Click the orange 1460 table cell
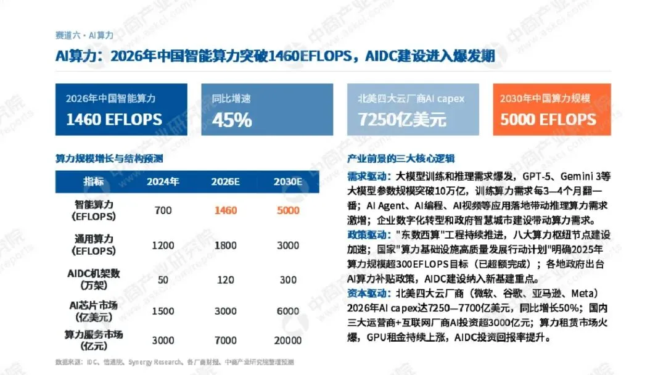[x=226, y=210]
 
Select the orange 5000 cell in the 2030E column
[x=288, y=210]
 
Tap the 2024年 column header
[x=163, y=182]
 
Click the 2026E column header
[x=226, y=182]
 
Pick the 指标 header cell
[x=94, y=182]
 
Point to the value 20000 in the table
[x=288, y=340]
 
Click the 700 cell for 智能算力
[x=163, y=210]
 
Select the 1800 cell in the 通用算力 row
[x=226, y=245]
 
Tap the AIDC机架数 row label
[x=94, y=279]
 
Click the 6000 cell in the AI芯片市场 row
[x=288, y=311]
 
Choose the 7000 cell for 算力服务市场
[x=226, y=340]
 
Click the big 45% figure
[x=232, y=120]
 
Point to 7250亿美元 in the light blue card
[x=402, y=120]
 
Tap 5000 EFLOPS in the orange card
[x=548, y=120]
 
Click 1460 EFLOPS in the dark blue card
[x=114, y=120]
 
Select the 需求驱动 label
[x=368, y=176]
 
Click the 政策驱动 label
[x=368, y=235]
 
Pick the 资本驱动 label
[x=368, y=294]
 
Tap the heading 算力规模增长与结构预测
[x=109, y=159]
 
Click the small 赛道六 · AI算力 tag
[x=84, y=35]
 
